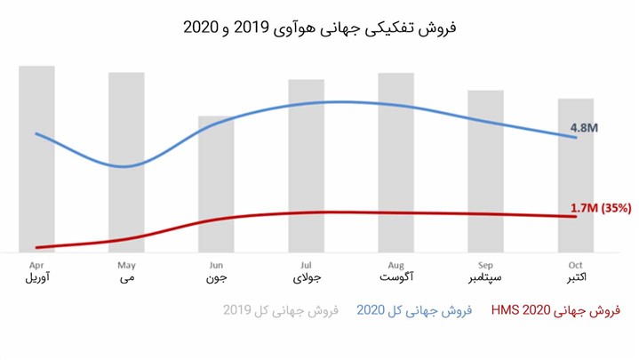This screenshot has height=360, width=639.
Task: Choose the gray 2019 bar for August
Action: point(395,160)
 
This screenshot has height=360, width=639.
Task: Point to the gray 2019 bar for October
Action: point(575,178)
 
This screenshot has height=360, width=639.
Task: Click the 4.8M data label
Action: point(584,128)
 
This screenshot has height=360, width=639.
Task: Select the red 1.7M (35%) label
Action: point(600,208)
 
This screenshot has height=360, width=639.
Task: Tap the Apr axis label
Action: point(36,265)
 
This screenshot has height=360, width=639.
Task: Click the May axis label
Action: point(126,265)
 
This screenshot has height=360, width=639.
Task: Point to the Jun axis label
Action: point(216,265)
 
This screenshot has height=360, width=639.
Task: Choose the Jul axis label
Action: point(306,265)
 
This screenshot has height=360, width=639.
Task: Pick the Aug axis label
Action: point(395,265)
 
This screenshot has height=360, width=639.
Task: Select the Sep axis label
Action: point(485,265)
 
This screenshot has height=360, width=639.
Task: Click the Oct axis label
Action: point(575,265)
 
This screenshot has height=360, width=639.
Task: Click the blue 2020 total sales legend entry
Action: point(413,310)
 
